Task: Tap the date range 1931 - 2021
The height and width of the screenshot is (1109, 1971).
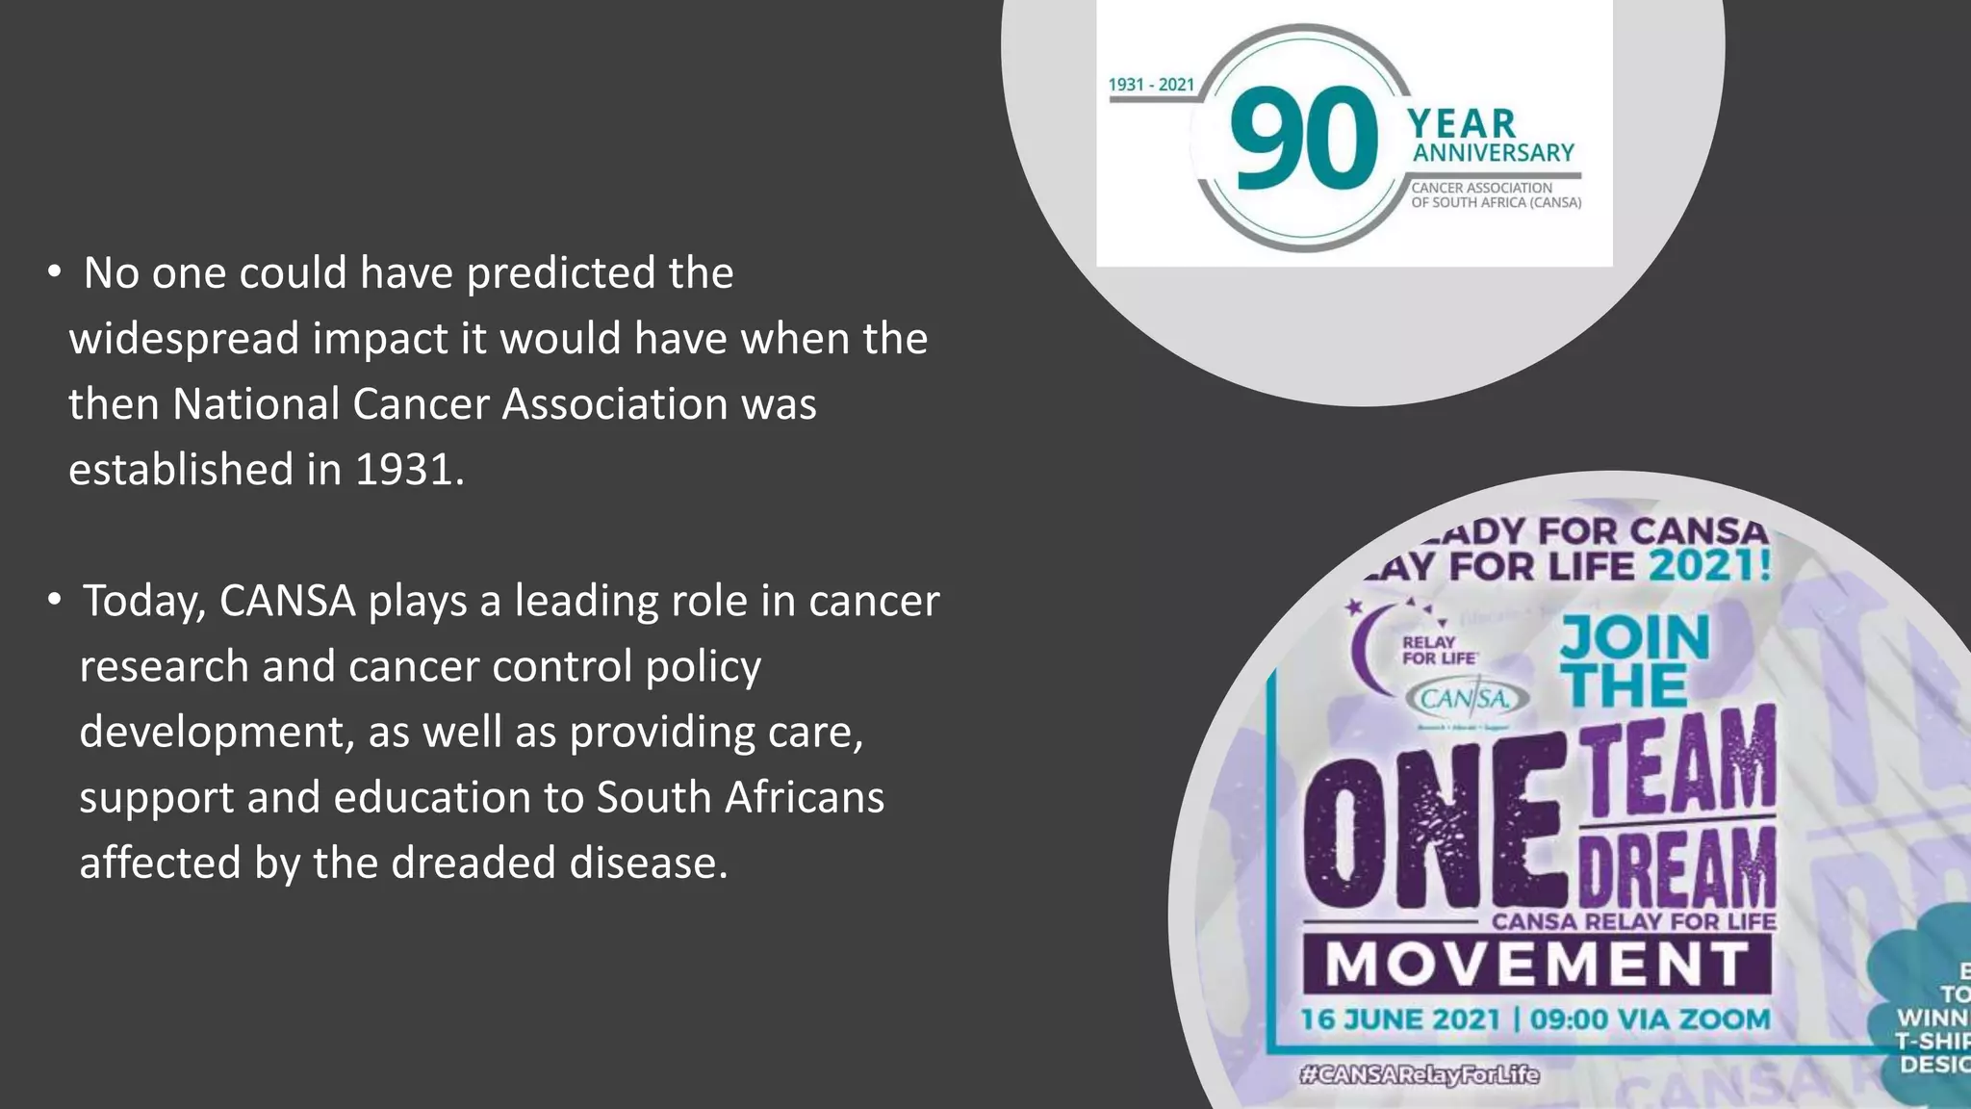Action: click(x=1151, y=85)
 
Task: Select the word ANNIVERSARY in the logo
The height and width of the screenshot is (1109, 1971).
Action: click(x=1493, y=153)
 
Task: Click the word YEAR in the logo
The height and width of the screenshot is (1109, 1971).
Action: click(x=1461, y=123)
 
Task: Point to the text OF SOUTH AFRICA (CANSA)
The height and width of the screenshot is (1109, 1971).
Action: click(x=1496, y=203)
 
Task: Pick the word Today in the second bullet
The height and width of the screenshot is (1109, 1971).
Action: click(x=144, y=602)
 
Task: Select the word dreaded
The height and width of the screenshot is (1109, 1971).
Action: click(x=474, y=863)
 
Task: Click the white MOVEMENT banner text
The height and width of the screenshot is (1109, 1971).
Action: click(x=1536, y=965)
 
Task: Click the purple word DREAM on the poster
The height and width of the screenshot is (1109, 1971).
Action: click(x=1677, y=864)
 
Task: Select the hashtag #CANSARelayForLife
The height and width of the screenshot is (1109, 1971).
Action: click(x=1419, y=1074)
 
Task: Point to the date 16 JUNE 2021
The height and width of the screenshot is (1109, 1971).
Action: click(x=1400, y=1019)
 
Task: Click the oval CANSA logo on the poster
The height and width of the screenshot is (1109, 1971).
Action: click(x=1467, y=698)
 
